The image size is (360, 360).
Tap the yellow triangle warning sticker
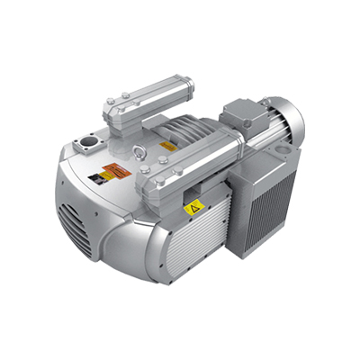(192, 209)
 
